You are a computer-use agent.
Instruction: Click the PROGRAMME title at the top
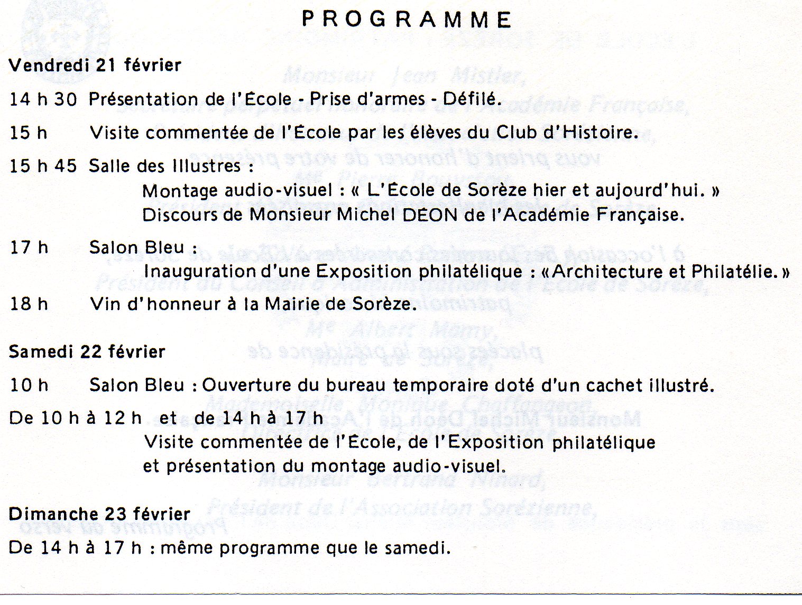406,20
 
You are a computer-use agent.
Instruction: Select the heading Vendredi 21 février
95,66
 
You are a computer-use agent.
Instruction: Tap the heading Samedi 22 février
87,352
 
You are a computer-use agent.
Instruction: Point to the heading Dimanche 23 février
99,514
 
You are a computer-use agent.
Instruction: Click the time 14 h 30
43,99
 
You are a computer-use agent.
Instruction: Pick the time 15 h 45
43,166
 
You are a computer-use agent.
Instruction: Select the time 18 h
29,304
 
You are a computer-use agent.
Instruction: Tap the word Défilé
472,99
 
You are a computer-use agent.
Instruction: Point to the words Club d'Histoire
566,132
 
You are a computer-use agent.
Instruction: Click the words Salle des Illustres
165,166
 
